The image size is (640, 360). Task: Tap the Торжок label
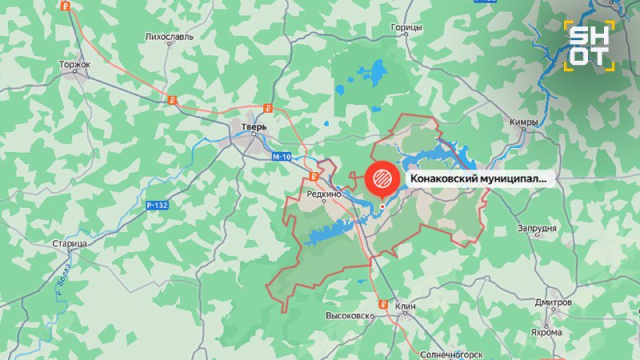pyautogui.click(x=75, y=64)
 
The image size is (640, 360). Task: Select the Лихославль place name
pyautogui.click(x=169, y=37)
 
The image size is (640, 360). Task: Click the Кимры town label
pyautogui.click(x=522, y=122)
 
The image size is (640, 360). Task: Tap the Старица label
pyautogui.click(x=69, y=242)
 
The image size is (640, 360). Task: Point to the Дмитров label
pyautogui.click(x=554, y=303)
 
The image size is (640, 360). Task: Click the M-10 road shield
pyautogui.click(x=280, y=156)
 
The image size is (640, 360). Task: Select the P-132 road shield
pyautogui.click(x=157, y=206)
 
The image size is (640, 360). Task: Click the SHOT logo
pyautogui.click(x=590, y=43)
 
